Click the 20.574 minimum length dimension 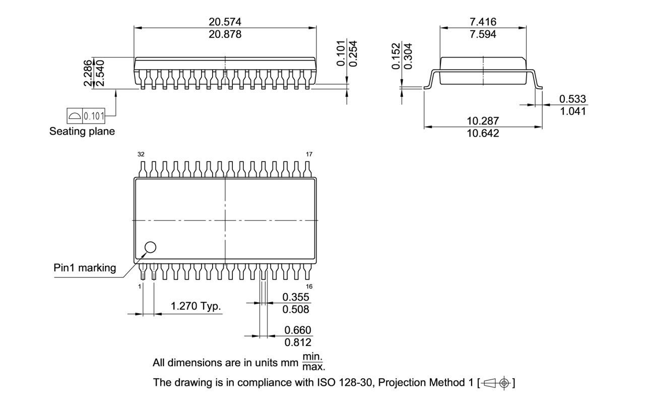[225, 22]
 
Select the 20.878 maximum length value [225, 34]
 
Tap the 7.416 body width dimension [483, 22]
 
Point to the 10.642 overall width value [483, 133]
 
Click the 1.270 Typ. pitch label [196, 306]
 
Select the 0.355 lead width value [296, 297]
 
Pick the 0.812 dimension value [297, 342]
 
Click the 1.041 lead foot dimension [573, 111]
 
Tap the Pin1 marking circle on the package [150, 247]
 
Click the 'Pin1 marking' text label [85, 268]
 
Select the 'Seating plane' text [82, 132]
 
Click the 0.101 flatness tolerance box [94, 117]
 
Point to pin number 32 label [141, 154]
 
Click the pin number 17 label [308, 154]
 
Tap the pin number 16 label [309, 286]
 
